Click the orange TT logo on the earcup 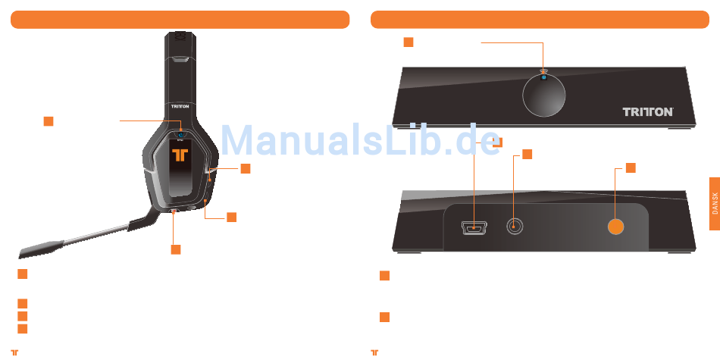coord(180,155)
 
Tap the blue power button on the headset coord(180,137)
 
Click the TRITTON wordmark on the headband coord(180,108)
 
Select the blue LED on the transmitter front coord(543,78)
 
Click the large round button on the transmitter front coord(543,96)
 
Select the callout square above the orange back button coord(631,167)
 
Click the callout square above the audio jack coord(527,155)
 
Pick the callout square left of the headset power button coord(49,121)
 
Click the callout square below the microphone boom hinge coord(175,249)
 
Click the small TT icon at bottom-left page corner coord(14,352)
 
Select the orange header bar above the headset coord(180,20)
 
